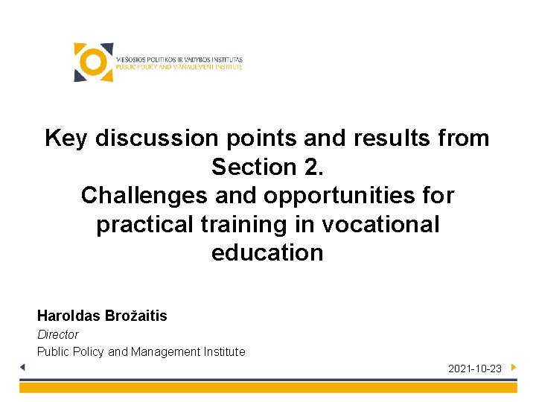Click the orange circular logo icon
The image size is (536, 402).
pyautogui.click(x=93, y=63)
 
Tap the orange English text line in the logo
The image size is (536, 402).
pyautogui.click(x=179, y=67)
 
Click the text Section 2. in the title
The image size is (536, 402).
pyautogui.click(x=267, y=167)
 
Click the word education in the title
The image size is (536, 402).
pyautogui.click(x=267, y=253)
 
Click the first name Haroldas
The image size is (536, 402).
pyautogui.click(x=67, y=316)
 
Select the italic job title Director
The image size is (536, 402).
pyautogui.click(x=58, y=334)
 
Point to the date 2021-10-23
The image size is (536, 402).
pyautogui.click(x=474, y=368)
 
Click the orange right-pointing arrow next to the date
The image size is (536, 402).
pyautogui.click(x=514, y=367)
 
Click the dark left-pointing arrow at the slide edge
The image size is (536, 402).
pyautogui.click(x=22, y=367)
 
